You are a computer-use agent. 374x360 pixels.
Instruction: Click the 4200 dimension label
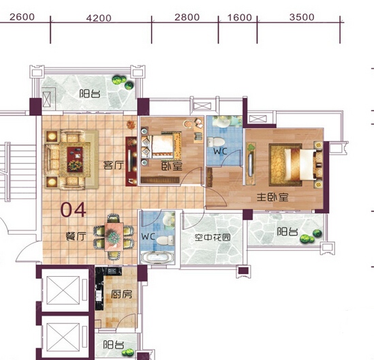99,18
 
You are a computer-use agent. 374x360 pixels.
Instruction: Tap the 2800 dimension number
187,18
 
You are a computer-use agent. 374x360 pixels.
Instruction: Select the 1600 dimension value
240,18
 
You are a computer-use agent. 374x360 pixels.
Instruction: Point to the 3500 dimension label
302,18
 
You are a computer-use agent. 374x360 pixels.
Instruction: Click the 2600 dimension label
22,17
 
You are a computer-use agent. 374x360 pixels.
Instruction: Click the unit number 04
73,210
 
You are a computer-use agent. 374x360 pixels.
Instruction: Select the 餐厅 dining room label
76,237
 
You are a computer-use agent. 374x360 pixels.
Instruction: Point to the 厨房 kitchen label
121,295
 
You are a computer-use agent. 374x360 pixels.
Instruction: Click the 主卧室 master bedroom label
272,197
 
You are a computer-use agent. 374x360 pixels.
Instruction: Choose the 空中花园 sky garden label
213,237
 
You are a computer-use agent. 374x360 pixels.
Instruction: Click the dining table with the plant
114,237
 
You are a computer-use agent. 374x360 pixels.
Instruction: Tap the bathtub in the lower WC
157,258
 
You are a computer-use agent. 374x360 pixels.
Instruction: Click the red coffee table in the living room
75,160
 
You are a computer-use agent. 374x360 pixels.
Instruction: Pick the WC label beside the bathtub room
148,237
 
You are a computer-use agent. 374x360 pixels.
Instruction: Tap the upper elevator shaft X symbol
63,290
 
